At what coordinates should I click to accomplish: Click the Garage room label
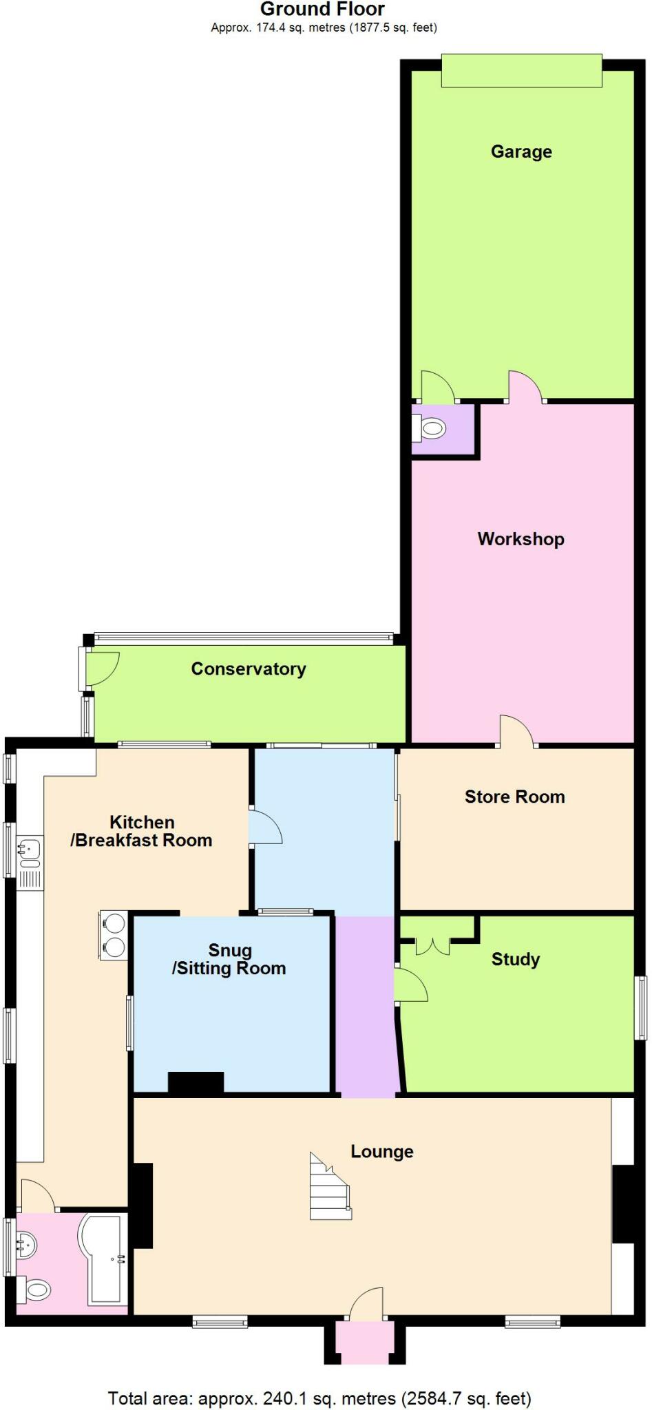coord(521,151)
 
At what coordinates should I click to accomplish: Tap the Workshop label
coord(520,539)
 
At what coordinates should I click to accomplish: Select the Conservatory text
coord(249,669)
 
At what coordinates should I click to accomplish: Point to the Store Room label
coord(514,797)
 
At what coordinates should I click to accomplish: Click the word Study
coord(515,959)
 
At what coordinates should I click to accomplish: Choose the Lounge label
coord(382,1151)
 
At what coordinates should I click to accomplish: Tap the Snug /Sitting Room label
coord(229,959)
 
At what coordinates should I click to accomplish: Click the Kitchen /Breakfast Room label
coord(141,831)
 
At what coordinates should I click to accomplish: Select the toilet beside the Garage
coord(430,429)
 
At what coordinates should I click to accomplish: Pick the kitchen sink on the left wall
coord(30,852)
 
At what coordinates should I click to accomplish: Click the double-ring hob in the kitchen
coord(114,935)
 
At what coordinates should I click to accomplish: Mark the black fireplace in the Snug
coord(196,1082)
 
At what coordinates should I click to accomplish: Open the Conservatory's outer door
coord(101,668)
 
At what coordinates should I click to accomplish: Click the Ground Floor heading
coord(322,10)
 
